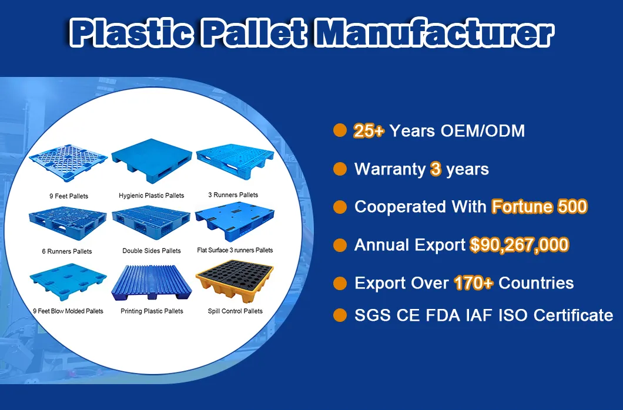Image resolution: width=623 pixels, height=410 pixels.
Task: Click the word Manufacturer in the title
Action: pyautogui.click(x=434, y=33)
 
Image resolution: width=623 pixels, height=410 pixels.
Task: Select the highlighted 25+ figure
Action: pyautogui.click(x=369, y=131)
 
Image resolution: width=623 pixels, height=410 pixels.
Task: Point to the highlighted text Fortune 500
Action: pyautogui.click(x=539, y=207)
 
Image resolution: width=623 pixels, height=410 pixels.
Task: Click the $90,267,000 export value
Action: pyautogui.click(x=519, y=245)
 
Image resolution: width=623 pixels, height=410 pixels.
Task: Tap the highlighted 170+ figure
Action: pyautogui.click(x=473, y=283)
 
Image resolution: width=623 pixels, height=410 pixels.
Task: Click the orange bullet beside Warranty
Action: pyautogui.click(x=340, y=169)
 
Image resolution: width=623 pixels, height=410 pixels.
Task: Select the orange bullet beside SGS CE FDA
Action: pyautogui.click(x=340, y=315)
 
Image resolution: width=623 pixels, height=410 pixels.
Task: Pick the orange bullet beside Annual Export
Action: pyautogui.click(x=340, y=244)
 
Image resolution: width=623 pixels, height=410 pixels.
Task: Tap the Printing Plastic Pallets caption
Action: pyautogui.click(x=152, y=311)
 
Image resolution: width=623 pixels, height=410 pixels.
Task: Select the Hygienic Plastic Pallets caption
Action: pyautogui.click(x=152, y=196)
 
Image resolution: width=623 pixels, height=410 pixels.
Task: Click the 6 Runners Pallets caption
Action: pyautogui.click(x=67, y=251)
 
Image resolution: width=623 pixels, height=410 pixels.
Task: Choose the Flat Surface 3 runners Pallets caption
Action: pyautogui.click(x=235, y=250)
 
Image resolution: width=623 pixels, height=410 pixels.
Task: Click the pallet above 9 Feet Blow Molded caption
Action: pyautogui.click(x=68, y=283)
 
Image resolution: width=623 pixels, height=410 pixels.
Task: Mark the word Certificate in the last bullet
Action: pyautogui.click(x=573, y=315)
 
